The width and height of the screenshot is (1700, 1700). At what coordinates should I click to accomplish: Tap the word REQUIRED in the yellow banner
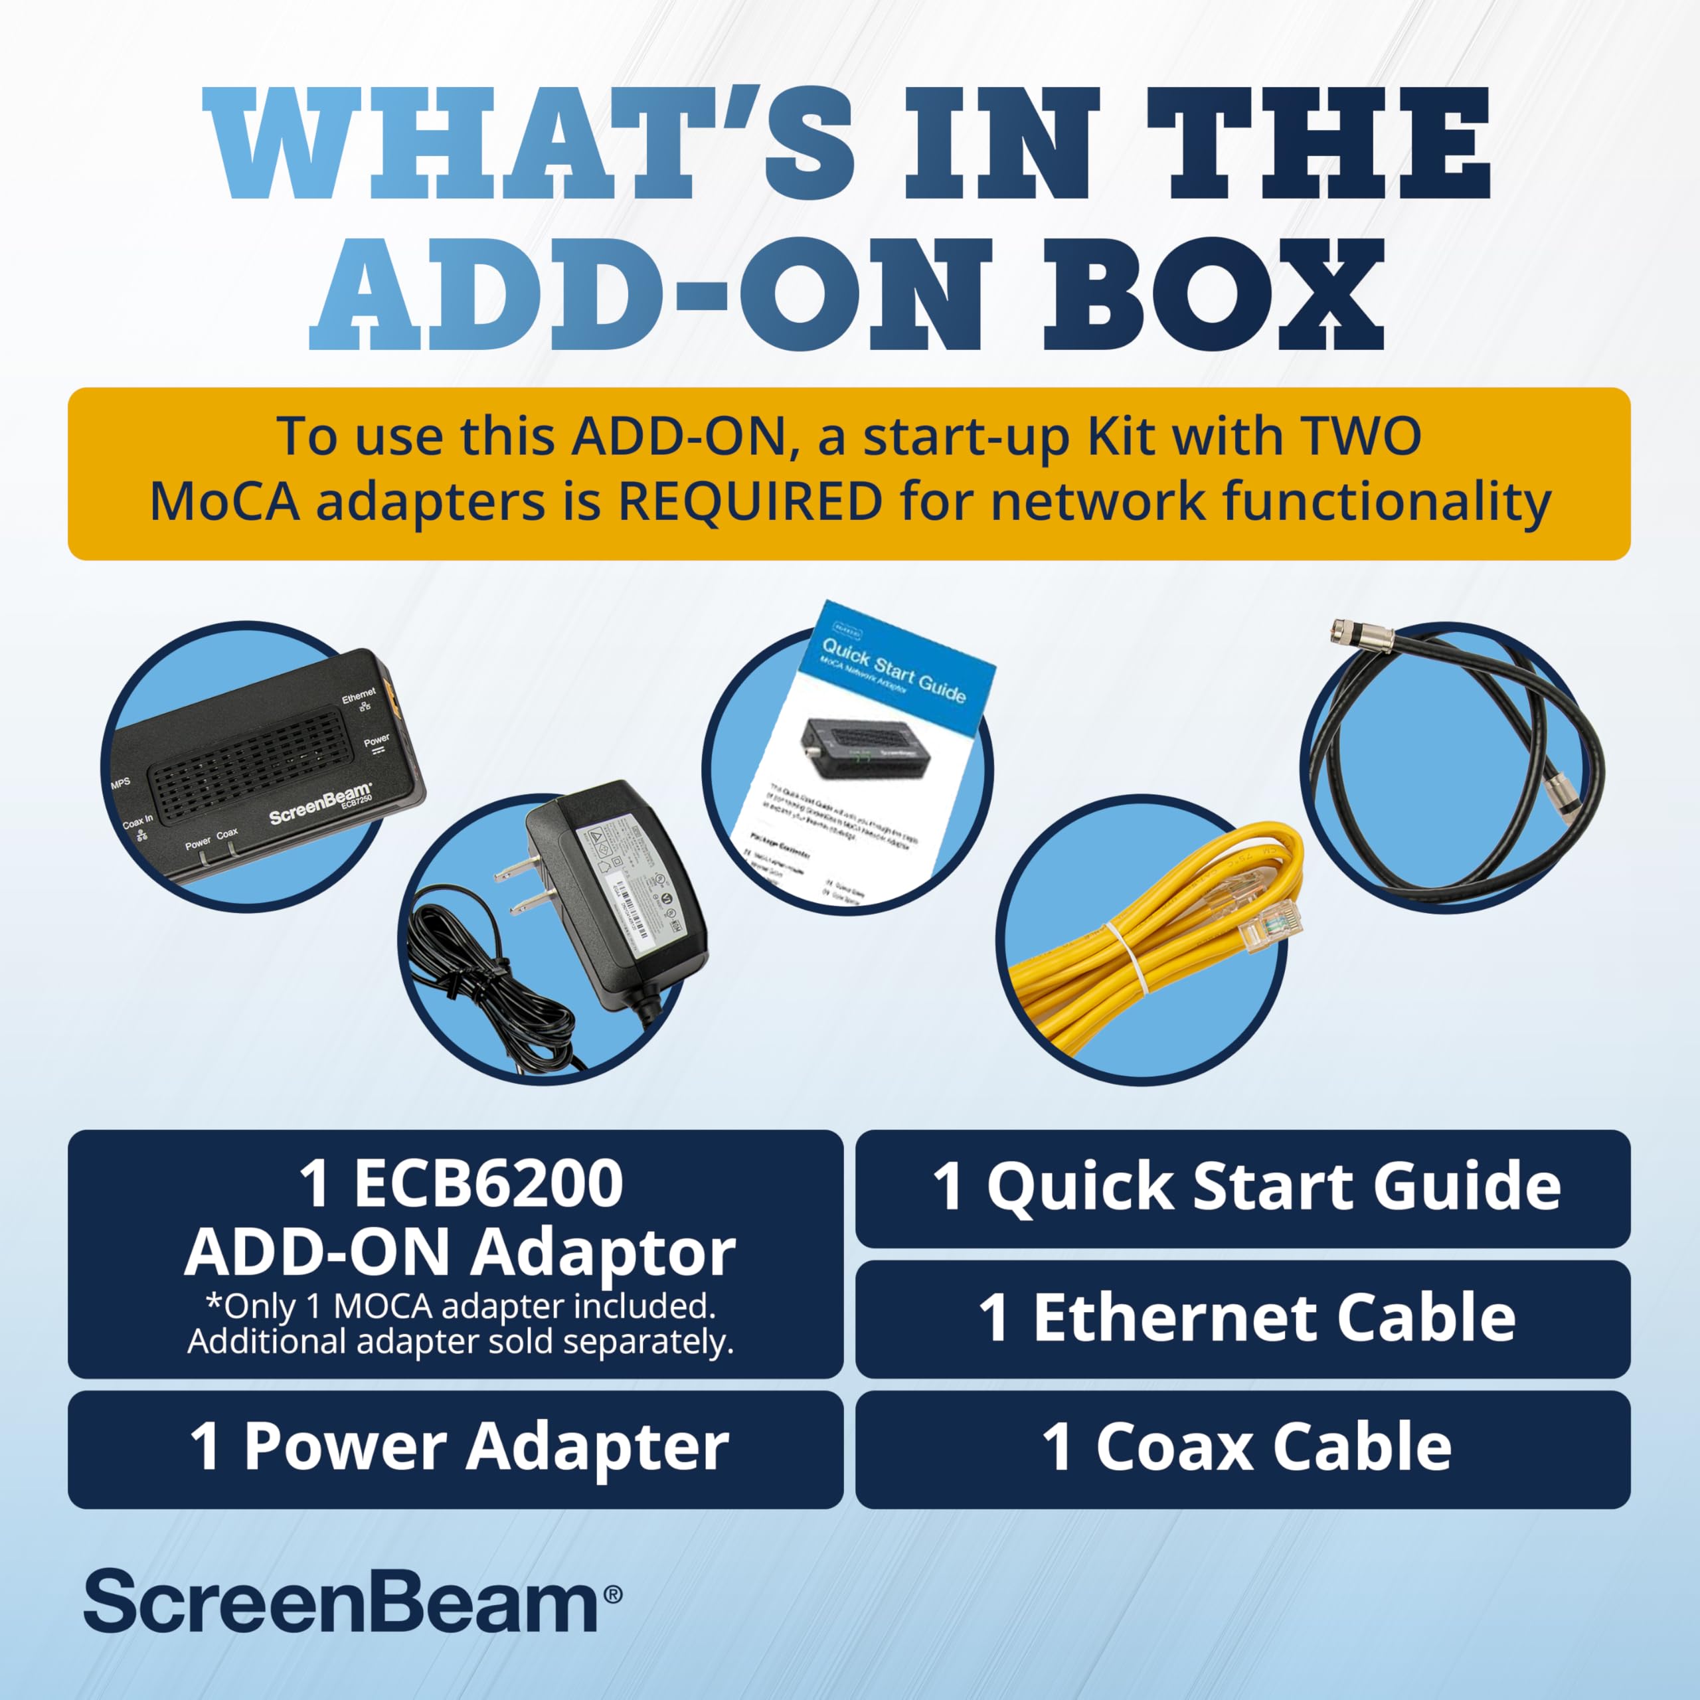click(x=750, y=503)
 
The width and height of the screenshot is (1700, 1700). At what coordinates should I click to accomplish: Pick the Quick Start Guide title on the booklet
click(x=893, y=671)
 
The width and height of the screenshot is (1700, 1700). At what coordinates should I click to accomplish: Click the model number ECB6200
click(x=488, y=1185)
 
